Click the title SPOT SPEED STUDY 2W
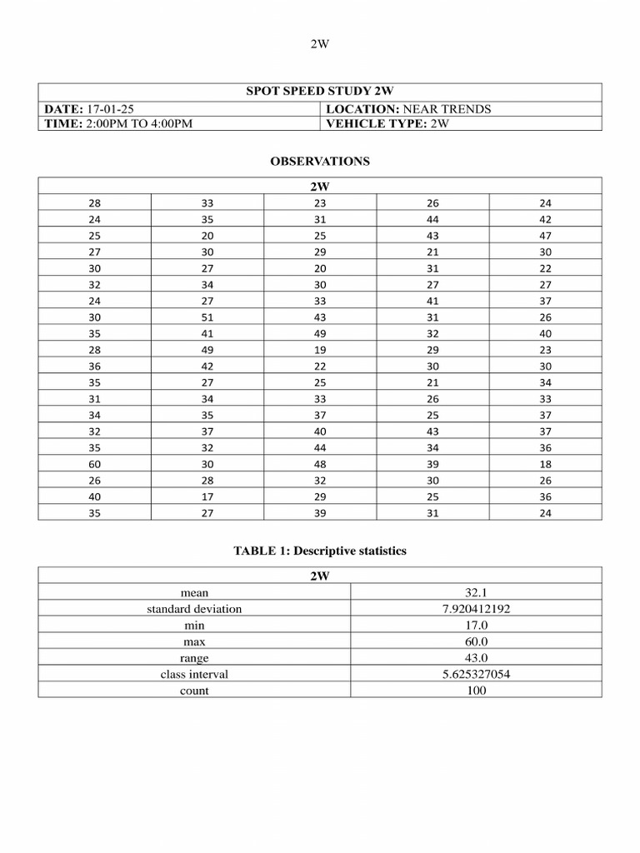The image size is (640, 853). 319,92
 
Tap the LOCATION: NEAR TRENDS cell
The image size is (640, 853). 408,109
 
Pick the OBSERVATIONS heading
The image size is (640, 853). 319,162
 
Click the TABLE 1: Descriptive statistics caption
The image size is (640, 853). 319,552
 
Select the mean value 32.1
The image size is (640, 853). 476,592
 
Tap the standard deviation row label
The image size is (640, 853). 194,609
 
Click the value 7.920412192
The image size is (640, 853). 476,609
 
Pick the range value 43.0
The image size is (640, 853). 476,658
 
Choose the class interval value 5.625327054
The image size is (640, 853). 476,674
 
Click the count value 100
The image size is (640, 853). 476,691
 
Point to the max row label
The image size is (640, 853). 194,641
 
